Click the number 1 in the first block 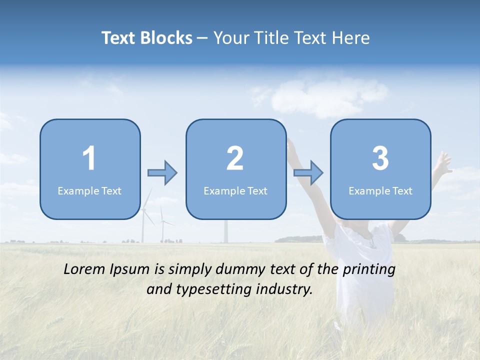pyautogui.click(x=89, y=158)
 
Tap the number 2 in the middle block pyautogui.click(x=235, y=158)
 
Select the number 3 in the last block pyautogui.click(x=380, y=158)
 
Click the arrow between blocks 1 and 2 pyautogui.click(x=162, y=173)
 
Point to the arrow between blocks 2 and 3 pyautogui.click(x=308, y=173)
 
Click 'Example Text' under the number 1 pyautogui.click(x=89, y=191)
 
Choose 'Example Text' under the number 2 pyautogui.click(x=235, y=191)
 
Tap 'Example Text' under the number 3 pyautogui.click(x=380, y=191)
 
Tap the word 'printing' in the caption pyautogui.click(x=369, y=270)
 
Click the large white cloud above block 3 pyautogui.click(x=325, y=97)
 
